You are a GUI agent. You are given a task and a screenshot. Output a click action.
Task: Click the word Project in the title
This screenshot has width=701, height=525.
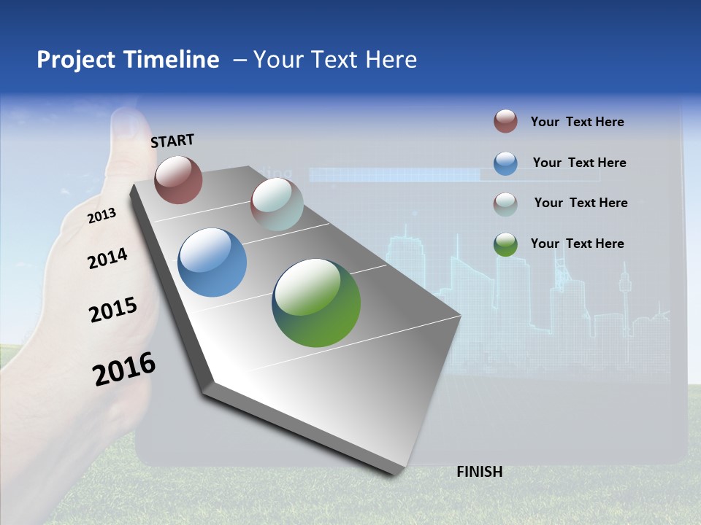75,60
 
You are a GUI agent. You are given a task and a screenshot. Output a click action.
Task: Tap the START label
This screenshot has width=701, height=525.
172,141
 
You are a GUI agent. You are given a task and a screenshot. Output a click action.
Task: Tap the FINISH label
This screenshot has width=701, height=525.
480,472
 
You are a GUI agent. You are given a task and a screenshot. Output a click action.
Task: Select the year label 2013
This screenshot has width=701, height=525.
101,215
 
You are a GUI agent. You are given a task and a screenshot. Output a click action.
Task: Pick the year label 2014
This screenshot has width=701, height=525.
107,258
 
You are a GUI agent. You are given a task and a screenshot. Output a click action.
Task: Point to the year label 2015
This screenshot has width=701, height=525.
112,310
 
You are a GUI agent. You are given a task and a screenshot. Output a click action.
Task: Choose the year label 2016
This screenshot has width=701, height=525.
124,369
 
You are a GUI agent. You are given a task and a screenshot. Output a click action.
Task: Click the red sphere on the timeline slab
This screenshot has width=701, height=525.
178,179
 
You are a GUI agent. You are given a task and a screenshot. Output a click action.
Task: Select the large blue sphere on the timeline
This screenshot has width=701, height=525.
212,262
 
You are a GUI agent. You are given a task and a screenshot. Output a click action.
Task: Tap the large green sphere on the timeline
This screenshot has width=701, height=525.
316,303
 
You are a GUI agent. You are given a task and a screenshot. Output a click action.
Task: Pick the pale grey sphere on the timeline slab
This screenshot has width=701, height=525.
277,204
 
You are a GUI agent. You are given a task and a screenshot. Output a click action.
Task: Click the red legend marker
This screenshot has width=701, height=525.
505,122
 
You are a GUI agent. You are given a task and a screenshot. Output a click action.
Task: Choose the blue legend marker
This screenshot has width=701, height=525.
505,163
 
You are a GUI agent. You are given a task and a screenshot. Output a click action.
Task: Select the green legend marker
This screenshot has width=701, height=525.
505,244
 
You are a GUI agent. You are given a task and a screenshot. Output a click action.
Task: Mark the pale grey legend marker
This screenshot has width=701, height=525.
505,203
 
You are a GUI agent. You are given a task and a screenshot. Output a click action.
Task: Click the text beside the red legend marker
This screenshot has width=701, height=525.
577,122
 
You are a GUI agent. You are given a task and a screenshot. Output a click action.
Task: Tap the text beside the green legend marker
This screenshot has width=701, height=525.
577,244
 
